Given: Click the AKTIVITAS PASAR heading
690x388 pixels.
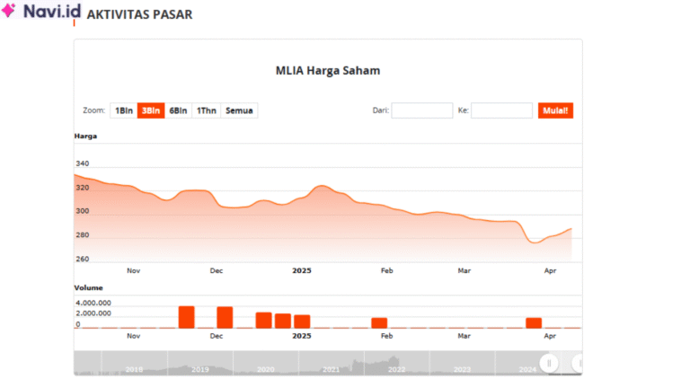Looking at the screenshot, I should [x=138, y=15].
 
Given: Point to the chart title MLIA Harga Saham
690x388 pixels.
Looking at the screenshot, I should [x=328, y=70].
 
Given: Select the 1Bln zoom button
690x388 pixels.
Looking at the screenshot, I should [x=123, y=110].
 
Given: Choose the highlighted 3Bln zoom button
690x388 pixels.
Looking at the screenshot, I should [x=151, y=110].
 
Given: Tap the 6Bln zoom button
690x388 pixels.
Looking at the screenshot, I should [x=178, y=110].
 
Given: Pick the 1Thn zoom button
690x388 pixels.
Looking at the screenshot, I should [x=207, y=110].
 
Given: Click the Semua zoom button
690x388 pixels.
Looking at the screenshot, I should [x=239, y=110].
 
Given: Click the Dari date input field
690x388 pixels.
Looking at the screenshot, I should [x=422, y=110].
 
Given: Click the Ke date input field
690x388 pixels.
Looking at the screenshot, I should [x=501, y=110].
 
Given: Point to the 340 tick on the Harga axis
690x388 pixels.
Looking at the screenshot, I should [x=83, y=163].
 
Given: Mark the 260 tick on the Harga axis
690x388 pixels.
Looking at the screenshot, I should [x=83, y=260].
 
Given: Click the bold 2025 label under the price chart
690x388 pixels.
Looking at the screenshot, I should [x=301, y=269].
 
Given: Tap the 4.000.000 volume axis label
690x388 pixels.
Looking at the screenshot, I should [x=93, y=303].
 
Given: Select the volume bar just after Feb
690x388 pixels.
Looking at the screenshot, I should [x=379, y=322].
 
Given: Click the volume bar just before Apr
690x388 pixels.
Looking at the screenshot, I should [x=534, y=322].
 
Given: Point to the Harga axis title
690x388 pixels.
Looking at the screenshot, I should [x=85, y=136].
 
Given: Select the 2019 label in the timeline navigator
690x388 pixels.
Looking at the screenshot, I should [x=199, y=369].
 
